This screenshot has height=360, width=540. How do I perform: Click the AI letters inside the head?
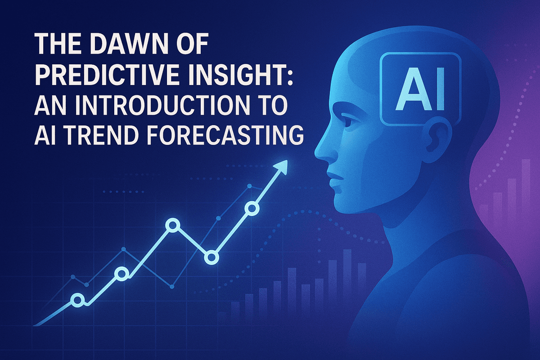pyautogui.click(x=420, y=89)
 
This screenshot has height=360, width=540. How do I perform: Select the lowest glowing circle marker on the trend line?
pyautogui.click(x=77, y=300)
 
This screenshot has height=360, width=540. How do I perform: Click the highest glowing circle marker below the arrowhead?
pyautogui.click(x=252, y=208)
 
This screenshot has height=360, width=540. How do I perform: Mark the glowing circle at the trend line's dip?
pyautogui.click(x=211, y=257)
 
